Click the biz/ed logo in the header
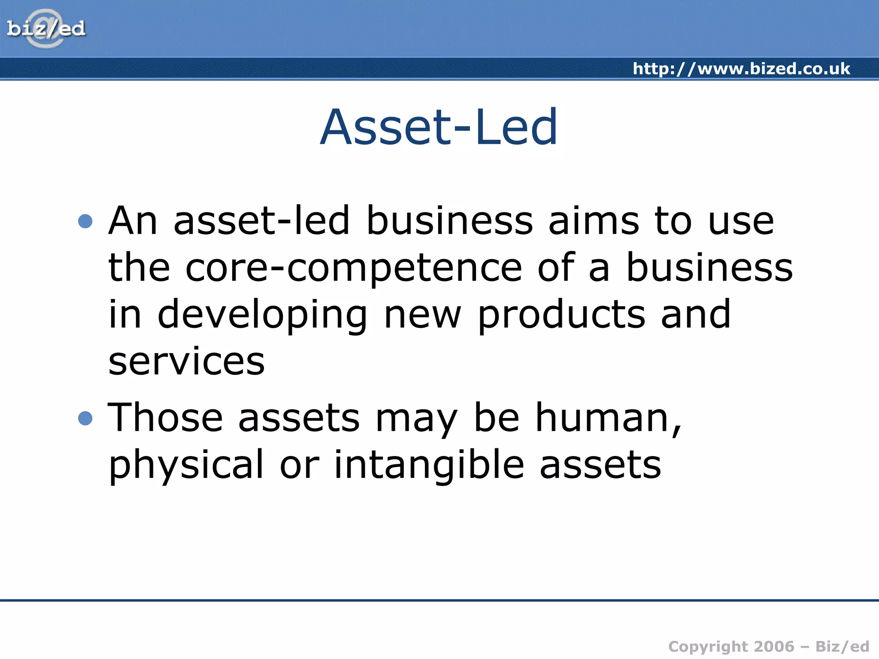(x=46, y=29)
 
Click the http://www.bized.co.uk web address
(x=741, y=69)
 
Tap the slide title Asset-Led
(x=439, y=127)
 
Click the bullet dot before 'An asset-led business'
(x=85, y=221)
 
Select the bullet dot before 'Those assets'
(x=85, y=418)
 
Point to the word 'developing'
(x=262, y=315)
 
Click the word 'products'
(x=561, y=315)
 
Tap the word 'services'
(x=186, y=361)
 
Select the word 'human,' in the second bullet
(x=608, y=418)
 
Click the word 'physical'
(x=186, y=466)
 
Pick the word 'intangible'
(x=429, y=466)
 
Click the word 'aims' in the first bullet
(x=594, y=221)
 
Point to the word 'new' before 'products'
(x=422, y=315)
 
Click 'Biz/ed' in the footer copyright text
(x=842, y=647)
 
